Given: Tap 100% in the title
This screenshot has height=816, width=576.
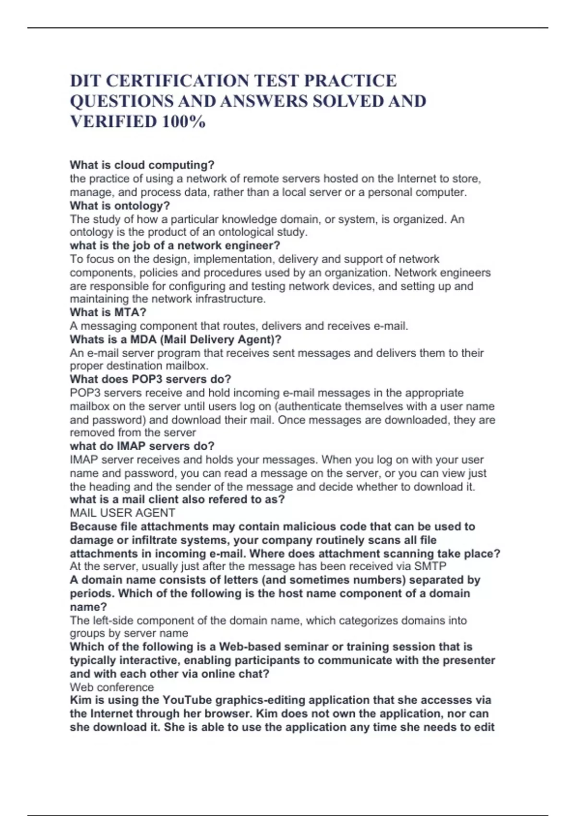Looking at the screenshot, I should [x=184, y=121].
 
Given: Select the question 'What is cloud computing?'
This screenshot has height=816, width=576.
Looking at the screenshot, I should [x=142, y=165].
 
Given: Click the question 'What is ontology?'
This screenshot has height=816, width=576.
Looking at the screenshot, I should [x=120, y=206].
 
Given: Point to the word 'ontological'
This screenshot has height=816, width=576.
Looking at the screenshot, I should [x=245, y=232].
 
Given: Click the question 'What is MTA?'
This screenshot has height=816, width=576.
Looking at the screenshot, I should [x=108, y=312].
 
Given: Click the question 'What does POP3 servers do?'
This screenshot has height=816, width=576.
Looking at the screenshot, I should [x=150, y=379].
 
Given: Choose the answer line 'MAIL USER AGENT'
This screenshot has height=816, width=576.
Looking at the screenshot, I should [x=122, y=513].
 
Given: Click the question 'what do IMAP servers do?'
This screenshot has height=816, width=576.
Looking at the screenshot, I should [x=142, y=446].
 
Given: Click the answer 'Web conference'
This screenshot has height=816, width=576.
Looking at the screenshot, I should [x=112, y=687].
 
